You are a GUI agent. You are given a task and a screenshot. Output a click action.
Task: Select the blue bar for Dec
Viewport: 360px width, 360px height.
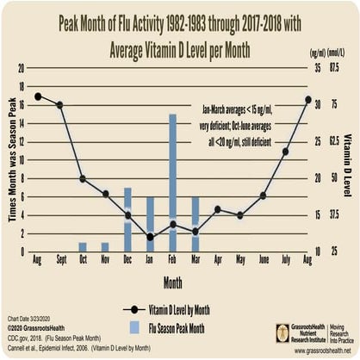click(x=127, y=219)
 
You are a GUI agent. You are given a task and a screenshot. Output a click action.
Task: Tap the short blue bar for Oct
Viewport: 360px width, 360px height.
click(x=83, y=246)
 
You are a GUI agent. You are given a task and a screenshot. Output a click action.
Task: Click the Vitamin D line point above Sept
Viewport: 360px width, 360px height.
click(x=59, y=105)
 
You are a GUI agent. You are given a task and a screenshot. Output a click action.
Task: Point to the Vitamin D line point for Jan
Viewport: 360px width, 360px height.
click(x=150, y=236)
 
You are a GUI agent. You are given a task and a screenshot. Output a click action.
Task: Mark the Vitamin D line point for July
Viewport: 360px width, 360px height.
click(x=285, y=152)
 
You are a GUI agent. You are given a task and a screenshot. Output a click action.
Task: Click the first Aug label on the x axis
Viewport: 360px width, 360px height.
click(x=36, y=259)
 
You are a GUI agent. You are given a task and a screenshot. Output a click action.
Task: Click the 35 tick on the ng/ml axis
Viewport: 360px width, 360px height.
click(x=317, y=66)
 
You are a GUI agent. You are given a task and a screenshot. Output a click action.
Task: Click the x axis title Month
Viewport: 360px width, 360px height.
click(x=172, y=281)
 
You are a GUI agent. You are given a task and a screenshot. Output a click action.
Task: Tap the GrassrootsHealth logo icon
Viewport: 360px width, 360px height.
click(x=282, y=332)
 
